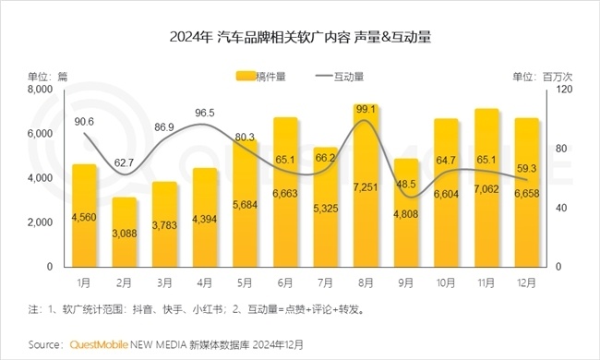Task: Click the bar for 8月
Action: pyautogui.click(x=367, y=186)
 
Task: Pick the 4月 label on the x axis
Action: pyautogui.click(x=205, y=278)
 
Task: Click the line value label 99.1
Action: pyautogui.click(x=367, y=109)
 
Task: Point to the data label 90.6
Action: pyautogui.click(x=84, y=121)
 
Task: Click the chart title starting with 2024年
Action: pyautogui.click(x=301, y=39)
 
